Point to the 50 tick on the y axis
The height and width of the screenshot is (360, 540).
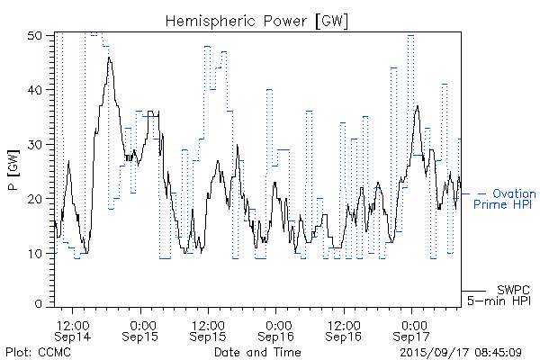(x=37, y=36)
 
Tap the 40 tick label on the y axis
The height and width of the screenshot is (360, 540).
(x=37, y=90)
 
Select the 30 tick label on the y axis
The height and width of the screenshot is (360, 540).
(x=37, y=145)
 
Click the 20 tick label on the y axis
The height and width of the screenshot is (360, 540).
(x=37, y=199)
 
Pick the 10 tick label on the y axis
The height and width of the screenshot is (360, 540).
(x=37, y=253)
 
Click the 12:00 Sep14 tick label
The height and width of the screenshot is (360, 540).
(x=72, y=329)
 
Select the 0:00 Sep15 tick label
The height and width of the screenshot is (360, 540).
(x=140, y=329)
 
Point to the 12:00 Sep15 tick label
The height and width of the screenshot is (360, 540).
(x=208, y=329)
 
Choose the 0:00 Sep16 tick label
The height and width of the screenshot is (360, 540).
(x=277, y=329)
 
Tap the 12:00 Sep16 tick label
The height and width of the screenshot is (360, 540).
(x=345, y=329)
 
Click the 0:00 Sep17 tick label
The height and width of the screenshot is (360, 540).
(x=413, y=329)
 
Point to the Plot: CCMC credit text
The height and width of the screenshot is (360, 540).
(x=34, y=351)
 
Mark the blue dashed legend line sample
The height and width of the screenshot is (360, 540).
(x=473, y=193)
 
